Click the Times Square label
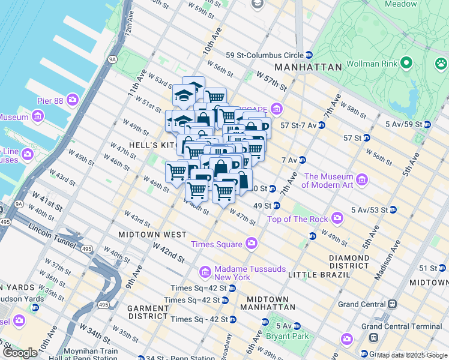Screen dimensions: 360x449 (x=216, y=244)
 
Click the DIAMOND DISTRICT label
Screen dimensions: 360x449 (x=349, y=262)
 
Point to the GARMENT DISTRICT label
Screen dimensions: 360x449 (x=148, y=312)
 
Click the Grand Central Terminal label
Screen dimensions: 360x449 (x=405, y=326)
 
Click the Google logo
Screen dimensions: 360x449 (x=19, y=353)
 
